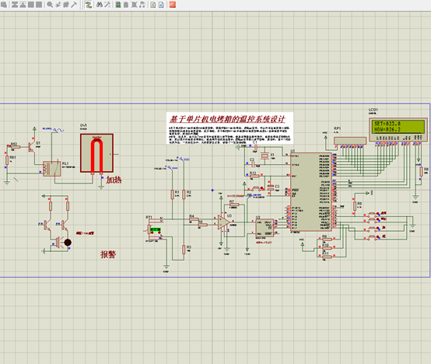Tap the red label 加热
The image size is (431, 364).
coord(114,180)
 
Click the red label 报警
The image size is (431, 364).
coord(107,254)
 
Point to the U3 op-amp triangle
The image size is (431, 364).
coord(224,222)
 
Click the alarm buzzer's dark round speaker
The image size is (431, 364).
coord(68,243)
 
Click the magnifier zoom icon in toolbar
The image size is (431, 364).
coord(50,5)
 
